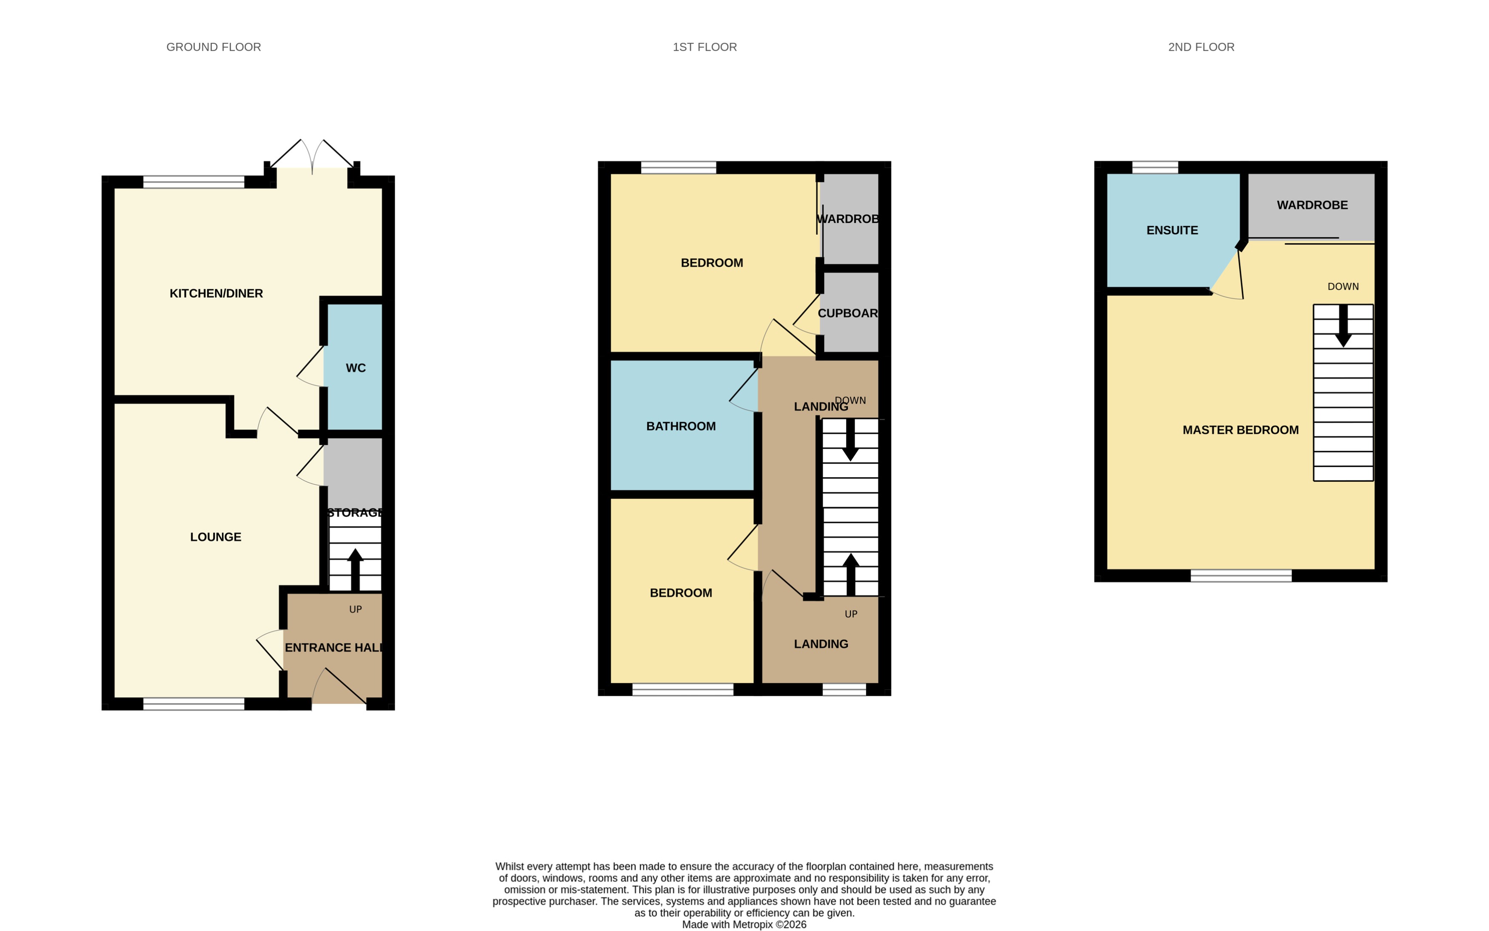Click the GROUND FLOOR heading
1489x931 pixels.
click(213, 47)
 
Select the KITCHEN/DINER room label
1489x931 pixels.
click(216, 294)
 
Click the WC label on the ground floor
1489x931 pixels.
click(355, 368)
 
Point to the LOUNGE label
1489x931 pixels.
click(216, 537)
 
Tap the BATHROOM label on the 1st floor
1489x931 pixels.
click(680, 426)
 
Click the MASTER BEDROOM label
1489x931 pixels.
click(1240, 430)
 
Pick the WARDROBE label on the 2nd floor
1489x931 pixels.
click(1312, 205)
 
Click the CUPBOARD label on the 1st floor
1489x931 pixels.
click(847, 313)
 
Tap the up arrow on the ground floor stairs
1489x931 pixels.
click(355, 568)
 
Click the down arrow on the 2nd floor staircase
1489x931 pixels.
click(1343, 326)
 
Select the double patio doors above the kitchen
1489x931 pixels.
click(312, 157)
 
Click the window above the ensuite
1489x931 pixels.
click(1154, 167)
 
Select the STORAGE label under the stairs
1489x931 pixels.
click(355, 513)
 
